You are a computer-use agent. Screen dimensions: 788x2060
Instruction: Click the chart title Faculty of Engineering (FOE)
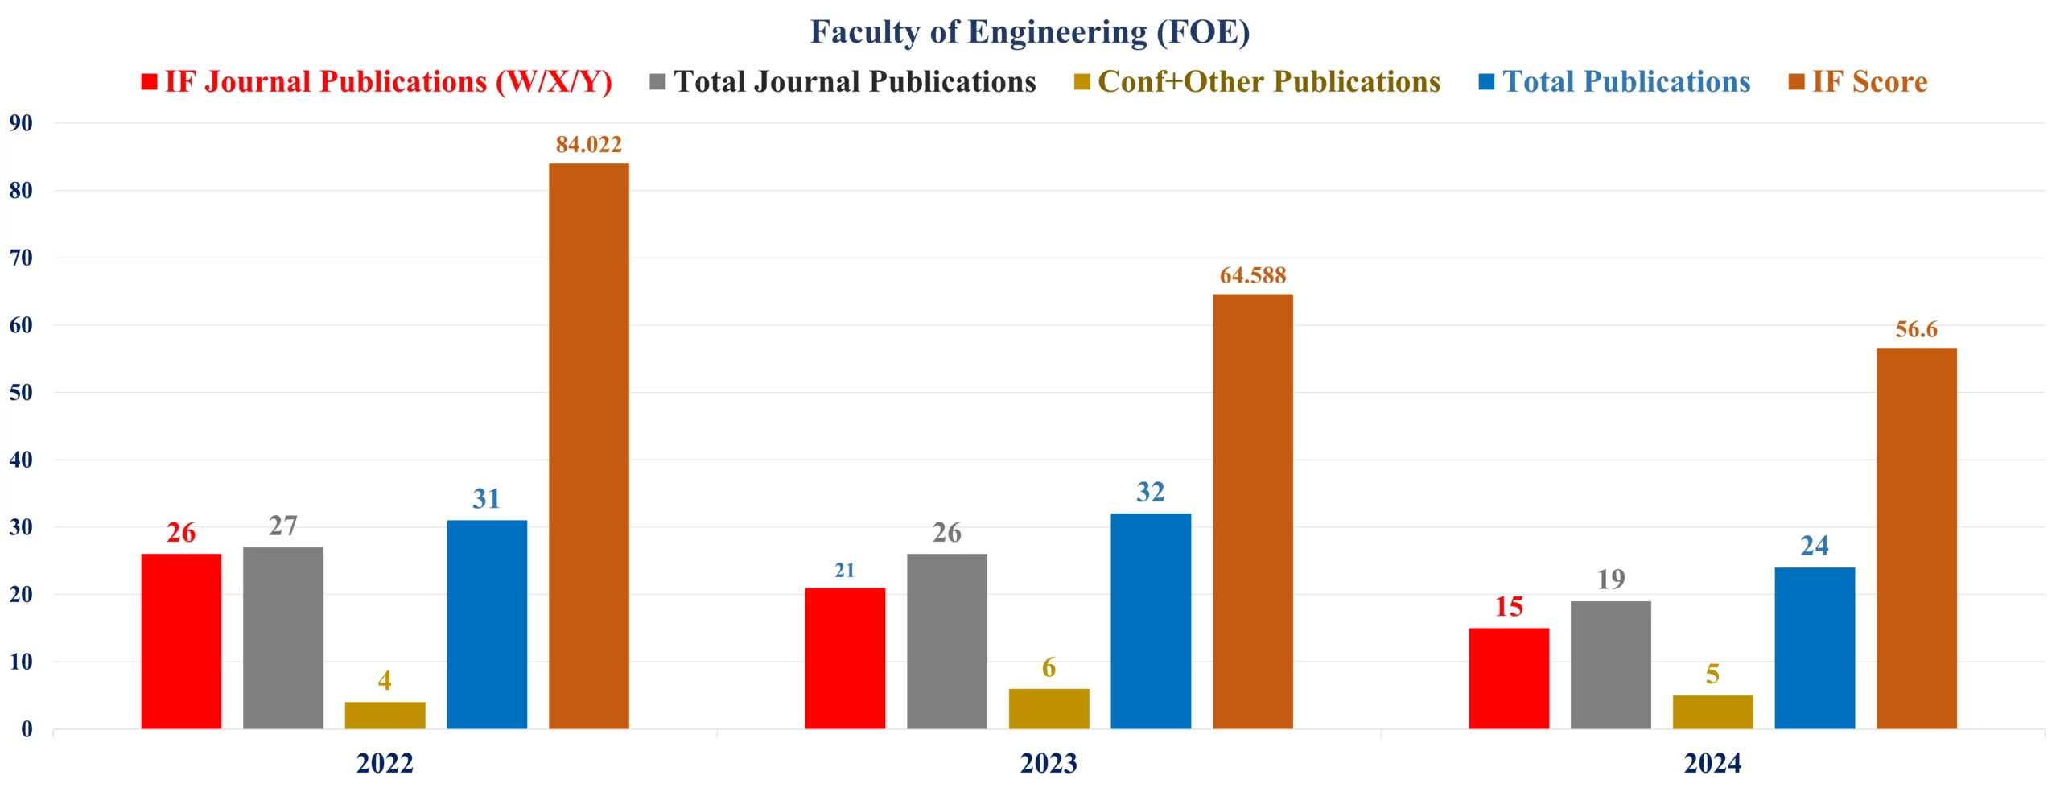pyautogui.click(x=1029, y=32)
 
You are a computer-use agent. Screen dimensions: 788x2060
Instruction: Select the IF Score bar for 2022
pyautogui.click(x=588, y=447)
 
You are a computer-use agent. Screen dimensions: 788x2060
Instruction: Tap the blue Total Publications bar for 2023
pyautogui.click(x=1150, y=621)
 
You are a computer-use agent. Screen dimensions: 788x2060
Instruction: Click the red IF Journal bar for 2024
pyautogui.click(x=1508, y=679)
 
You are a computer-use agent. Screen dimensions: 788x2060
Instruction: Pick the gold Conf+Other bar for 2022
pyautogui.click(x=385, y=716)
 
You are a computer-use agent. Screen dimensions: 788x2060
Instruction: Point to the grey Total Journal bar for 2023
pyautogui.click(x=946, y=642)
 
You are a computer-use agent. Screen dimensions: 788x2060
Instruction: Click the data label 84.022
pyautogui.click(x=588, y=145)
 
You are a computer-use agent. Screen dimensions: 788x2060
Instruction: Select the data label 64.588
pyautogui.click(x=1252, y=276)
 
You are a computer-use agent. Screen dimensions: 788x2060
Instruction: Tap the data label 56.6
pyautogui.click(x=1916, y=330)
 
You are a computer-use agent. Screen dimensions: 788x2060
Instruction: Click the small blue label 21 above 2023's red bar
pyautogui.click(x=844, y=571)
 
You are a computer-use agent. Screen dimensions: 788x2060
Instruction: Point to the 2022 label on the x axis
pyautogui.click(x=385, y=763)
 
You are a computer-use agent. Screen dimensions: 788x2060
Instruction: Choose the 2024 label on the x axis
pyautogui.click(x=1712, y=763)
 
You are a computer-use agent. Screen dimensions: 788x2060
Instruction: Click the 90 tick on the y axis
pyautogui.click(x=21, y=123)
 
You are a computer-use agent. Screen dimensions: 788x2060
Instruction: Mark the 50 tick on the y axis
pyautogui.click(x=21, y=393)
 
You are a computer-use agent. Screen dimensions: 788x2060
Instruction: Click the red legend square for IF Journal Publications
pyautogui.click(x=149, y=82)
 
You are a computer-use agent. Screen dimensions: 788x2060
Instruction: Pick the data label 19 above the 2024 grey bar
pyautogui.click(x=1610, y=580)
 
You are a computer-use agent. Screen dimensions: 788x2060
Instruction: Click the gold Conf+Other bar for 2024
pyautogui.click(x=1712, y=712)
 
